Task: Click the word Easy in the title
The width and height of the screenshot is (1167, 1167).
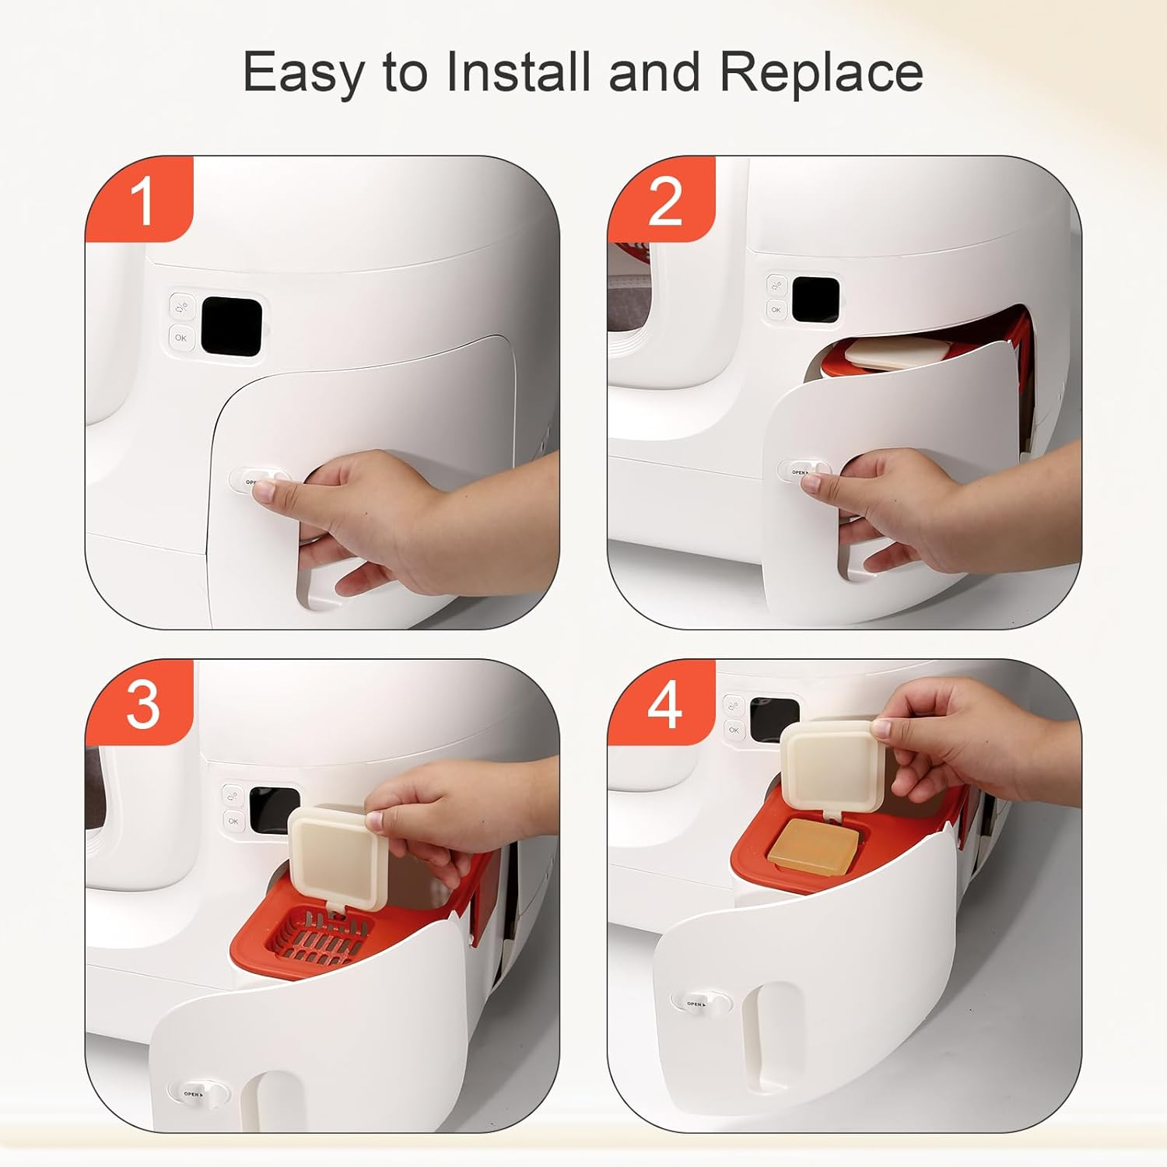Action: [303, 72]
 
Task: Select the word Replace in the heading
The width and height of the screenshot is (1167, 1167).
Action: [821, 72]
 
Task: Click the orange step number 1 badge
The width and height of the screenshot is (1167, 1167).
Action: [141, 201]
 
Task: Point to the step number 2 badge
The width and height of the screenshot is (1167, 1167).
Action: [664, 201]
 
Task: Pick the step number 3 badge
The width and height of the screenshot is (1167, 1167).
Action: [142, 705]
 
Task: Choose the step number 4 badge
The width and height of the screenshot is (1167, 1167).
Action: [664, 705]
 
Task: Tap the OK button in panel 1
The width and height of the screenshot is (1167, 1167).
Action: [180, 338]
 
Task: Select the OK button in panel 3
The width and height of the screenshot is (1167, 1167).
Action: [233, 821]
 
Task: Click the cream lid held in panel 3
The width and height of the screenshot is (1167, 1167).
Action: [337, 857]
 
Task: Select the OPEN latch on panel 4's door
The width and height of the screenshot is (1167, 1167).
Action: [701, 1004]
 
